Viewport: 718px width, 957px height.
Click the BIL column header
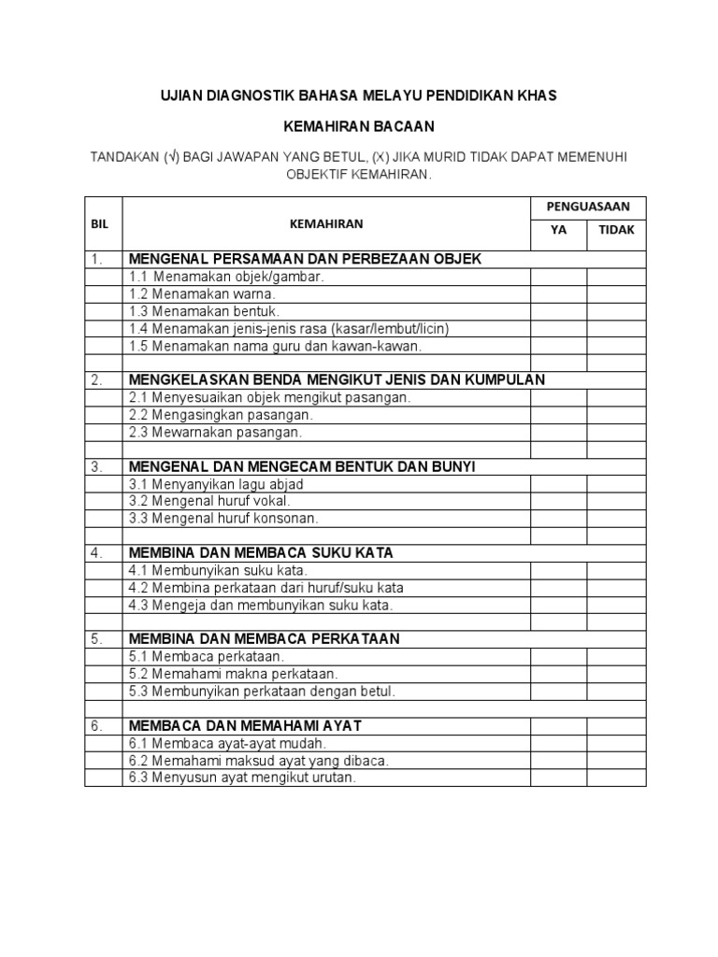pyautogui.click(x=99, y=224)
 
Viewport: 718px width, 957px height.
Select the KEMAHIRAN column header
pyautogui.click(x=325, y=224)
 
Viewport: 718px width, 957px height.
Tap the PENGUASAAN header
pyautogui.click(x=587, y=206)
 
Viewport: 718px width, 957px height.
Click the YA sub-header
pyautogui.click(x=558, y=231)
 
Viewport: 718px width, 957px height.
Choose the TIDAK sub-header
pyautogui.click(x=616, y=231)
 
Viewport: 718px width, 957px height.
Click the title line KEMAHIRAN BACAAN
pyautogui.click(x=360, y=125)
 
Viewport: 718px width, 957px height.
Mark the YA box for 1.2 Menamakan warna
pyautogui.click(x=558, y=293)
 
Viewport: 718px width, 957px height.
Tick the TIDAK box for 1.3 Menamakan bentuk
pyautogui.click(x=616, y=311)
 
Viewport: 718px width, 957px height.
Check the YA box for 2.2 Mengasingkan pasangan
pyautogui.click(x=558, y=414)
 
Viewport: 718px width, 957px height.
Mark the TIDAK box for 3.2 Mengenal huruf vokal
pyautogui.click(x=616, y=501)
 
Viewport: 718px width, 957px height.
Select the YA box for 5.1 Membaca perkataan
pyautogui.click(x=558, y=656)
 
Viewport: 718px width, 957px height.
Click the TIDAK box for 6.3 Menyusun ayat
pyautogui.click(x=616, y=778)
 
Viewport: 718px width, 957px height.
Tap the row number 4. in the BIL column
pyautogui.click(x=97, y=552)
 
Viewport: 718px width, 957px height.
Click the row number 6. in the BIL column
pyautogui.click(x=97, y=725)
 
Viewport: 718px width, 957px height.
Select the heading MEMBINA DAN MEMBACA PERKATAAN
pyautogui.click(x=264, y=638)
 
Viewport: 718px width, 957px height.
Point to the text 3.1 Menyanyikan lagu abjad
pyautogui.click(x=216, y=484)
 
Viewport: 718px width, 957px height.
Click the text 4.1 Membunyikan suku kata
pyautogui.click(x=219, y=570)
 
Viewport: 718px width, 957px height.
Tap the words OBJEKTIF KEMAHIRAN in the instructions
pyautogui.click(x=360, y=175)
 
